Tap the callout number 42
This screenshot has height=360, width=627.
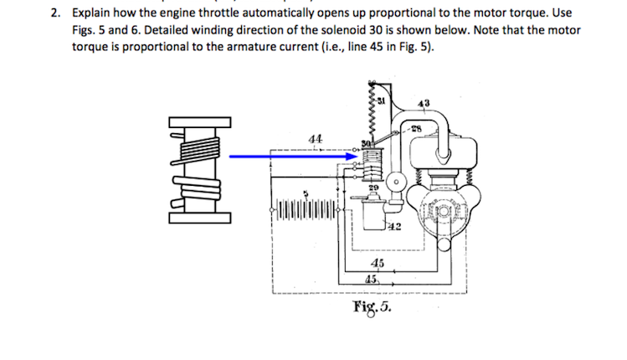[x=393, y=227]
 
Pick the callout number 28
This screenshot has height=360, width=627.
[x=416, y=127]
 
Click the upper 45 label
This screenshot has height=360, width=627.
[x=377, y=264]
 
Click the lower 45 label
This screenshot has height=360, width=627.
[x=372, y=279]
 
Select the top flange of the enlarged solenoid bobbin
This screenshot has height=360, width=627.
[x=198, y=122]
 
